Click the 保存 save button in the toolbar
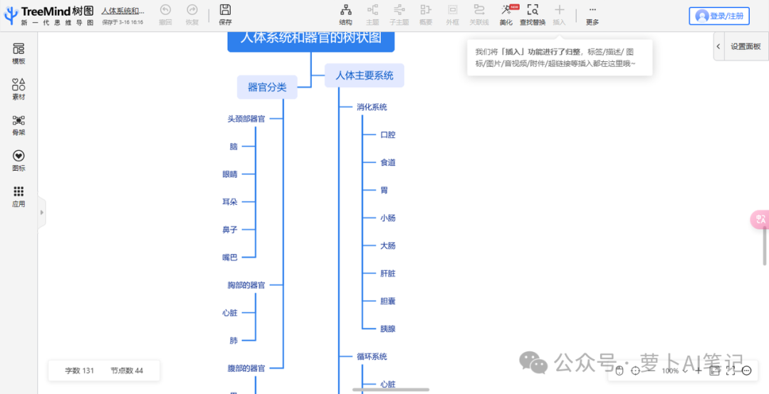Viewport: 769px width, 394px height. click(x=225, y=14)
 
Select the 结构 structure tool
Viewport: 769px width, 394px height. click(x=345, y=14)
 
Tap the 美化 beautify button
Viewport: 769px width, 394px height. click(x=506, y=14)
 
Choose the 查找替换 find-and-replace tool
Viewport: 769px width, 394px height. click(x=533, y=14)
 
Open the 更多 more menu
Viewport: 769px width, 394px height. click(x=592, y=14)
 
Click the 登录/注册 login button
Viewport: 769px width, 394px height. click(x=719, y=16)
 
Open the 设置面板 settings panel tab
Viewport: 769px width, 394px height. click(x=741, y=46)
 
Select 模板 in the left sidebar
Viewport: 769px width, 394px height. click(x=19, y=53)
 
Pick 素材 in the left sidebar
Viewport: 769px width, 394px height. click(x=19, y=89)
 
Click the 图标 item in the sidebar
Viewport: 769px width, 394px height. click(x=19, y=161)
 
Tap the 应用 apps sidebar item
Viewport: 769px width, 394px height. click(x=19, y=196)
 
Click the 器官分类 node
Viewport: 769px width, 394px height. click(x=267, y=87)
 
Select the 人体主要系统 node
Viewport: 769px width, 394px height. click(x=364, y=75)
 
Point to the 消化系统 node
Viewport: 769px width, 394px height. click(x=372, y=107)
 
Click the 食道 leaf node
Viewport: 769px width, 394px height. click(x=387, y=162)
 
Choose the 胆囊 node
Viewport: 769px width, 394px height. click(x=387, y=301)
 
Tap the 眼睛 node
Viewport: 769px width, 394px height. click(x=229, y=174)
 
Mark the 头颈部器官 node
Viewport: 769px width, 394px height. click(x=246, y=119)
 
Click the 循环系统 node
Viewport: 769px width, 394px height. click(x=372, y=356)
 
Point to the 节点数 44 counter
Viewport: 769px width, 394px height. click(x=127, y=371)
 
